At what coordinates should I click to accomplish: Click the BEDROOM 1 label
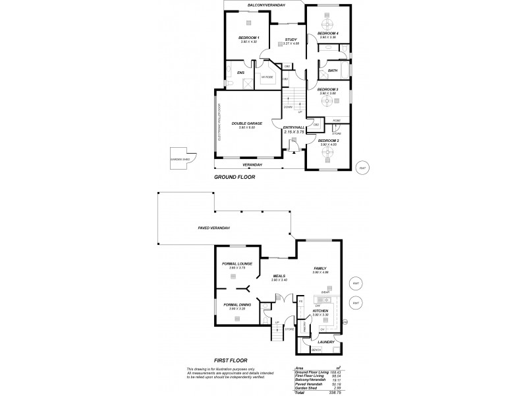tap(248, 38)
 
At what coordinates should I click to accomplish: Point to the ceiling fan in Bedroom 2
tap(327, 152)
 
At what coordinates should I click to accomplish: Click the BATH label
tap(332, 70)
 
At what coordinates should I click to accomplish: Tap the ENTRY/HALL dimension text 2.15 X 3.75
tap(292, 132)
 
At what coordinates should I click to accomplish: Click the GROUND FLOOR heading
tap(235, 177)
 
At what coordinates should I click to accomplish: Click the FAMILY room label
tap(319, 269)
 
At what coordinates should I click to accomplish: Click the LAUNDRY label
tap(325, 342)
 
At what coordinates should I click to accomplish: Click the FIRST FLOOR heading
tap(231, 361)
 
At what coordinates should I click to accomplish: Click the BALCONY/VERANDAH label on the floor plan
tap(265, 5)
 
